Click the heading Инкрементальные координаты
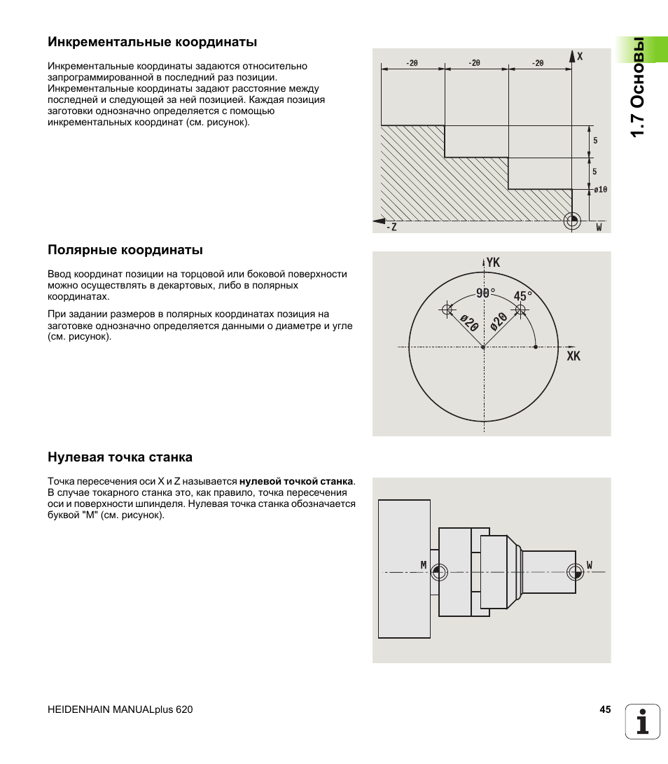(x=152, y=42)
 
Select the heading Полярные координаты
(x=125, y=250)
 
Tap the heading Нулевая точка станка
(x=120, y=457)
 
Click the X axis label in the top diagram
(x=580, y=57)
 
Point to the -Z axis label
(x=391, y=227)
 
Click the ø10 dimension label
(x=600, y=190)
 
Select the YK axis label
(x=493, y=263)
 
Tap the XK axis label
(x=573, y=356)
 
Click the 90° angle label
(x=485, y=294)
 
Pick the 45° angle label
(x=523, y=296)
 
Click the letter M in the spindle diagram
(x=424, y=564)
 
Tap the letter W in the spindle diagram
(x=590, y=564)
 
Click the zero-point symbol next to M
(x=439, y=572)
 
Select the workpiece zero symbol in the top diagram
(x=572, y=220)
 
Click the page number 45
(x=605, y=709)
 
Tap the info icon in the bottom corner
(x=643, y=721)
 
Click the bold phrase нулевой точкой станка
(x=296, y=482)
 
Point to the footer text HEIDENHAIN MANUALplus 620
(x=120, y=709)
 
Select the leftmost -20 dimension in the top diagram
(x=412, y=63)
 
